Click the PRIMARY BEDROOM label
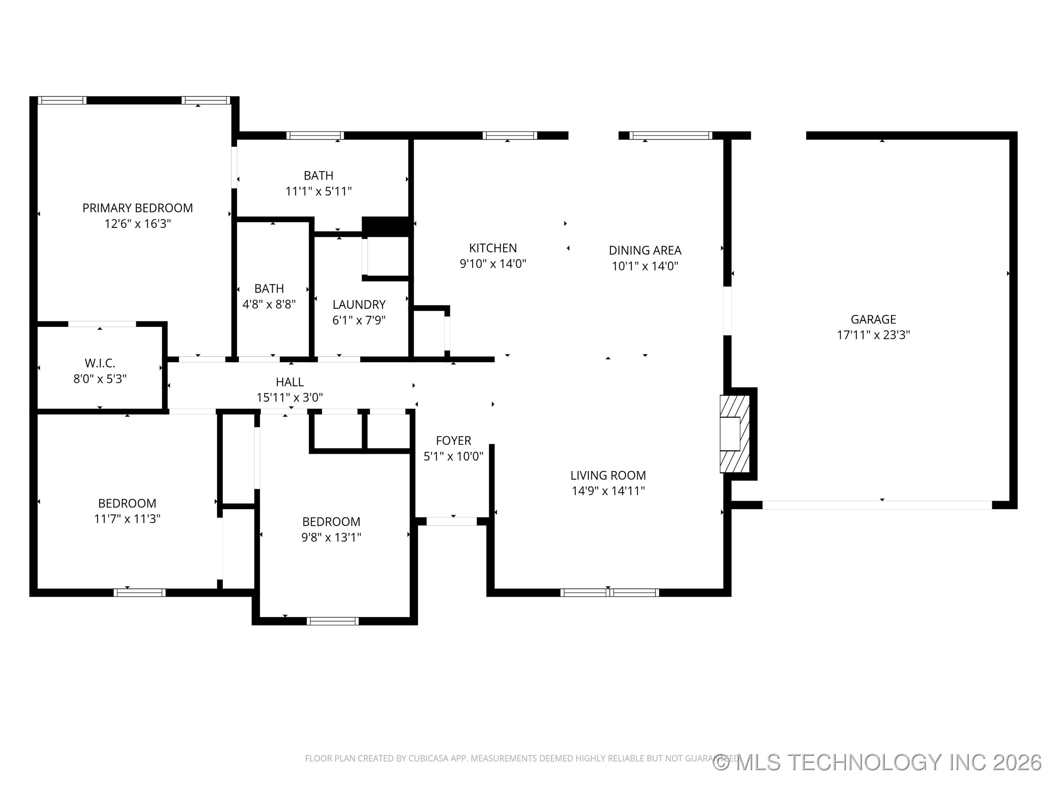(x=137, y=208)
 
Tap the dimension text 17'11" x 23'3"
(x=873, y=335)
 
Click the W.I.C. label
(x=100, y=363)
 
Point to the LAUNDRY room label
(x=359, y=304)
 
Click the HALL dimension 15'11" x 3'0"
(x=290, y=398)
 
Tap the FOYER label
(x=453, y=440)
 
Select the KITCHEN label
(x=493, y=248)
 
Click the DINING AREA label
(x=645, y=250)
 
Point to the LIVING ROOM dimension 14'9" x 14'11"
(x=608, y=491)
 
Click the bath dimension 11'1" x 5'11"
(x=318, y=191)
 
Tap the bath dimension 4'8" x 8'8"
(x=269, y=304)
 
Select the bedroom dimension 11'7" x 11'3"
(x=127, y=519)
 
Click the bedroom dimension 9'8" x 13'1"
(x=331, y=537)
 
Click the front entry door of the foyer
(x=452, y=522)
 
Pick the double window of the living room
(x=609, y=592)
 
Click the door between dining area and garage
(x=727, y=311)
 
